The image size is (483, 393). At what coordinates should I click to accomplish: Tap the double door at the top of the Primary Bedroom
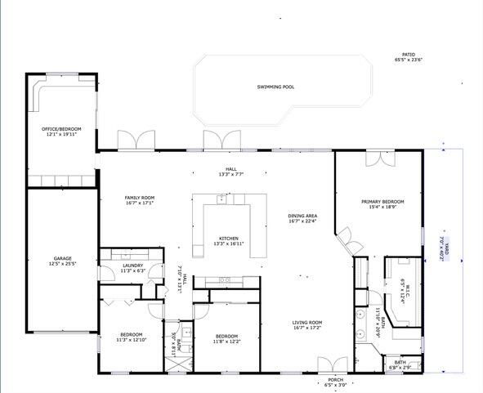pyautogui.click(x=378, y=159)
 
